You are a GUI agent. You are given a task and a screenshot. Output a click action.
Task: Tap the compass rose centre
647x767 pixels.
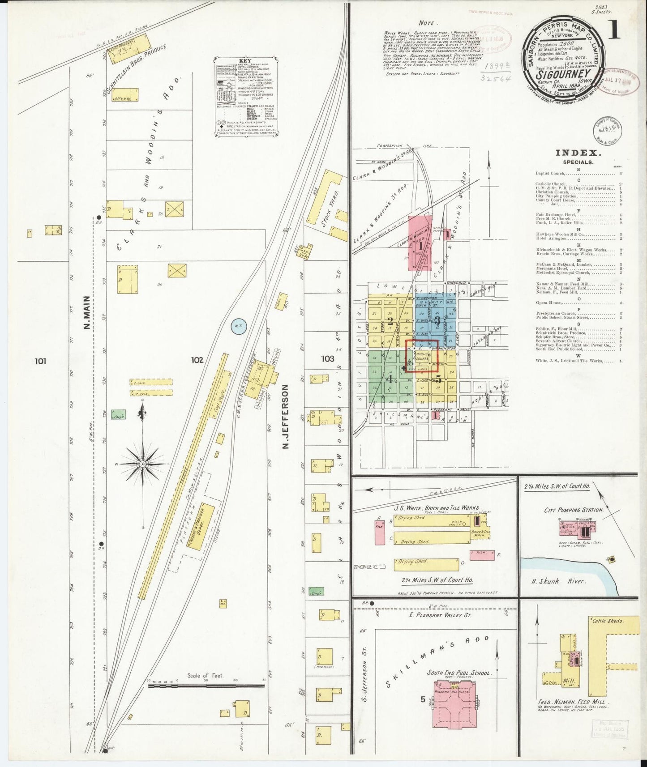coord(142,464)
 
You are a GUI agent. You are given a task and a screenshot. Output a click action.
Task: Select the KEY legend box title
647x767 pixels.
coord(245,61)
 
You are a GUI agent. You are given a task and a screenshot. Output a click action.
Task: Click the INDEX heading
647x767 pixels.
coord(577,153)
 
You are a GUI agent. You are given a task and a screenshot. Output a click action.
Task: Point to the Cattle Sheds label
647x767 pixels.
coord(607,621)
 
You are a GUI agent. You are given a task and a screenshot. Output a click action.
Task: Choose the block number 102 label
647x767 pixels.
coord(197,359)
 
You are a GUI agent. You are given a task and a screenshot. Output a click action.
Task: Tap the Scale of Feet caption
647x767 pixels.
coord(205,676)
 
